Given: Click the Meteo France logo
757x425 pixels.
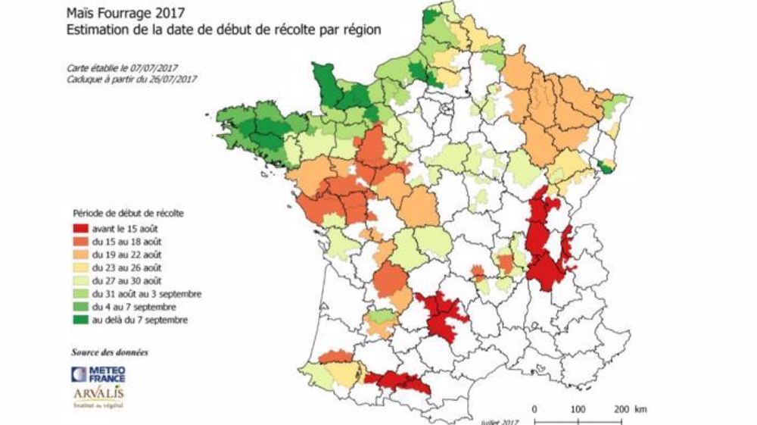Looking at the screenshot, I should (98, 373).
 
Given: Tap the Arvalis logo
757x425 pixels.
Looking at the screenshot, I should (99, 397).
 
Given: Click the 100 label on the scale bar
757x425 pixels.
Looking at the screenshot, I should (578, 410).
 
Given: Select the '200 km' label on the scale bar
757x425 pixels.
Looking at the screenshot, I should (629, 410).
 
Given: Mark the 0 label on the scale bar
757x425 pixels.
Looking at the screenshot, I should (534, 410).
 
